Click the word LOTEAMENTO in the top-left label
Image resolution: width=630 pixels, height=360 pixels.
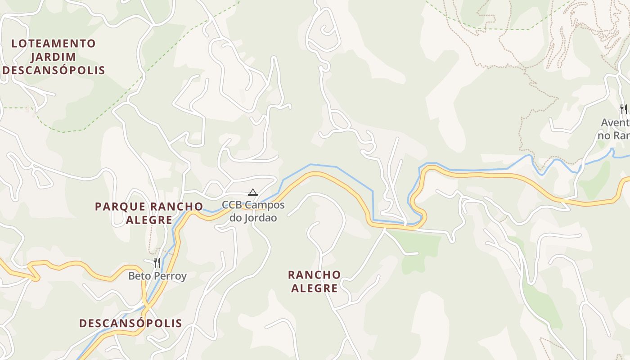(x=54, y=44)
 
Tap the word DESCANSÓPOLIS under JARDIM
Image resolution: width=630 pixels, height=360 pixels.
(x=54, y=71)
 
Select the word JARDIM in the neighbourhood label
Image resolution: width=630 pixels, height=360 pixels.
(x=54, y=57)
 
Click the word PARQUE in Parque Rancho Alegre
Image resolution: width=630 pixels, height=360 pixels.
(x=120, y=207)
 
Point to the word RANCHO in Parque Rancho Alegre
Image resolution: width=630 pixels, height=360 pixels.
(x=176, y=207)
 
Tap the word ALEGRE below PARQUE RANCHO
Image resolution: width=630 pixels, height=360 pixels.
(x=149, y=220)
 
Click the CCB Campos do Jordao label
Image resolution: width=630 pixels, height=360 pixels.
(x=253, y=211)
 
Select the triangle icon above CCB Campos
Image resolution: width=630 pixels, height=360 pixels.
(x=253, y=193)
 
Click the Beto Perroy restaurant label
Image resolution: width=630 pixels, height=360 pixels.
(x=157, y=276)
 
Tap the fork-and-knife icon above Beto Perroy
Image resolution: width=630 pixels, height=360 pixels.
(x=157, y=262)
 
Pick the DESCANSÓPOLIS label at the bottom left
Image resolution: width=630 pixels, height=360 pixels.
(x=130, y=323)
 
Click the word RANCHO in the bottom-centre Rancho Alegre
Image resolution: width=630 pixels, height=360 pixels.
(x=314, y=275)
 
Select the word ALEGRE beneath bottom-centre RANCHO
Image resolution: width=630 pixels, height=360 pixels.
(x=314, y=288)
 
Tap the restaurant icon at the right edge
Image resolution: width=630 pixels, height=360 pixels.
(x=623, y=109)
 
